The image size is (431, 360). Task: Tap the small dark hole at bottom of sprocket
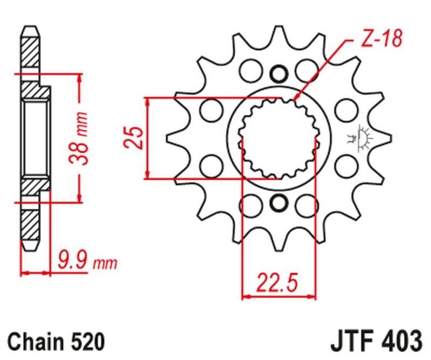[x=279, y=203]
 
